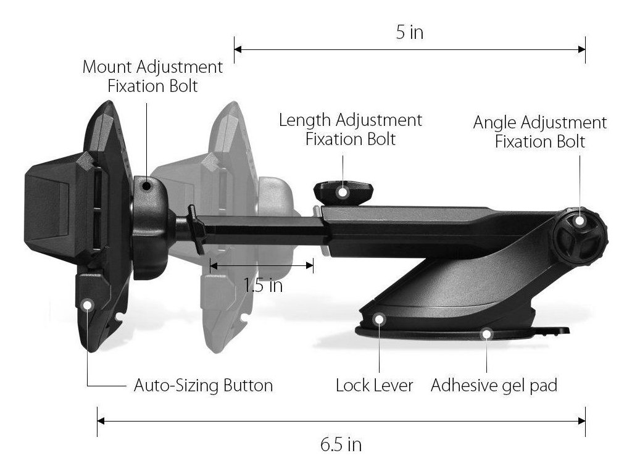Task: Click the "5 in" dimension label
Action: [x=409, y=32]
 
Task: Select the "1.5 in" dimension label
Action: [x=263, y=286]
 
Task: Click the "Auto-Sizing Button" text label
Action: [x=203, y=386]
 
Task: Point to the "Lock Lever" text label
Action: [x=375, y=386]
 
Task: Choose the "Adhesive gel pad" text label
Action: [x=494, y=386]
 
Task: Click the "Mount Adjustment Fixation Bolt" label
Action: [x=152, y=76]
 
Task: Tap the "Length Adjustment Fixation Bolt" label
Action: [x=351, y=128]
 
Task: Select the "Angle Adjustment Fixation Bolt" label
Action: [x=540, y=131]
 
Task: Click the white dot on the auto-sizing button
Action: [x=87, y=304]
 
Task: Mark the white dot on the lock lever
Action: [x=379, y=318]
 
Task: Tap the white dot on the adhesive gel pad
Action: [x=487, y=334]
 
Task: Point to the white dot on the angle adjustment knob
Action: [x=580, y=221]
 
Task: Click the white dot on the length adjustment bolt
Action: [x=342, y=192]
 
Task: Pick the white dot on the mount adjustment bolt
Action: [x=146, y=185]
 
